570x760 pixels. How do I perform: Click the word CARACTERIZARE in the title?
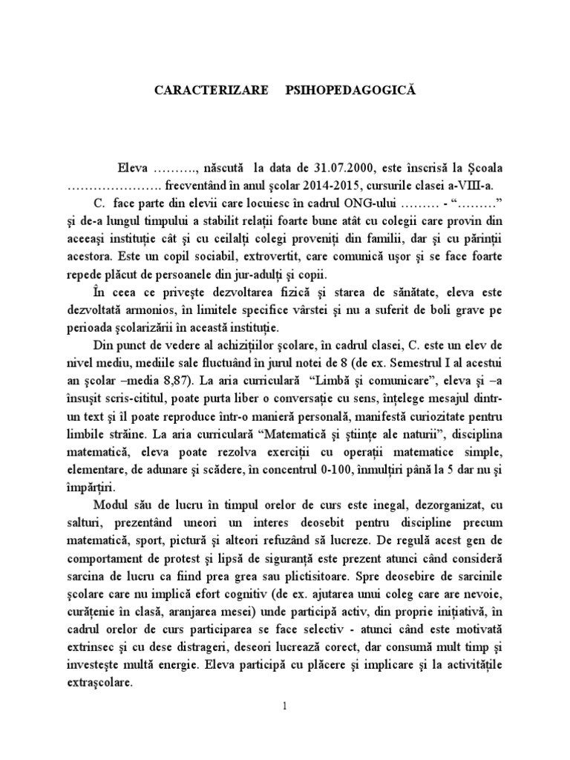click(x=209, y=89)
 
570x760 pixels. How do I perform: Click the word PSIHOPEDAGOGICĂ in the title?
click(x=347, y=89)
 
